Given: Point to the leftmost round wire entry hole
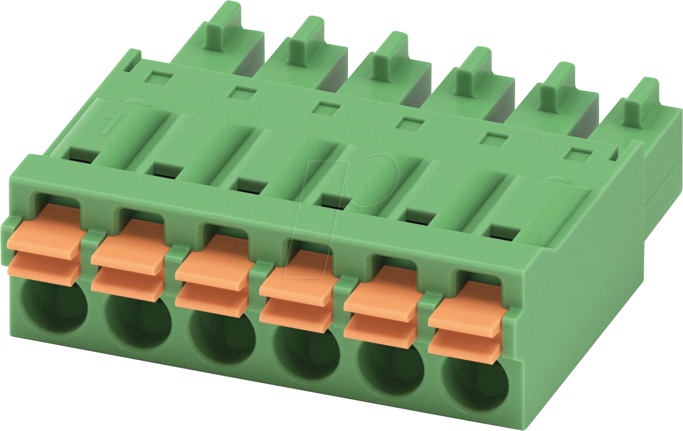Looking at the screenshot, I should click(x=55, y=307).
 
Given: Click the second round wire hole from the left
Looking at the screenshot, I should click(x=138, y=321).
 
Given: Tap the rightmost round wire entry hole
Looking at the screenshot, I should click(x=476, y=384).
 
